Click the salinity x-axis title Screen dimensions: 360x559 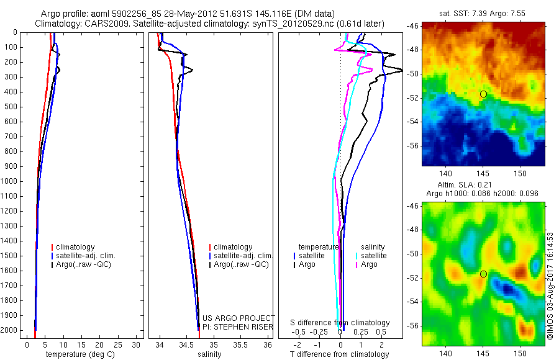tap(209, 354)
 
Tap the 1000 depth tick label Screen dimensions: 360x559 tap(11, 181)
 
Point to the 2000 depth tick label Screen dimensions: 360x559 tap(11, 331)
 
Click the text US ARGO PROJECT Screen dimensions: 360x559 tap(239, 318)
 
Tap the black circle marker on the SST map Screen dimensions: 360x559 tap(483, 94)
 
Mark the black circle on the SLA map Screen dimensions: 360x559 tap(483, 274)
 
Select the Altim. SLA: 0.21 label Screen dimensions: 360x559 tap(482, 185)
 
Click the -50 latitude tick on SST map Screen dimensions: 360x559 tap(412, 73)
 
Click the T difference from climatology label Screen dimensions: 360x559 tap(339, 354)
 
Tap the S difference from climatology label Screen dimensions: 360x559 tap(340, 323)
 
